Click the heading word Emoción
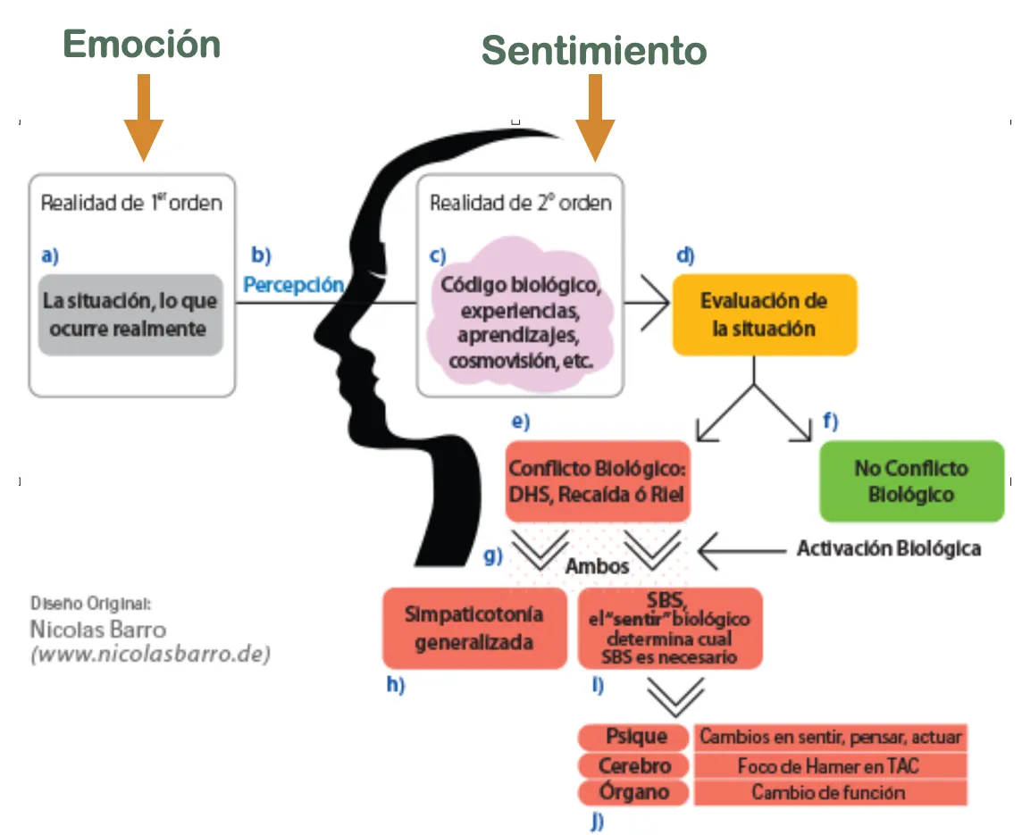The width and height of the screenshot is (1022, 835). click(142, 45)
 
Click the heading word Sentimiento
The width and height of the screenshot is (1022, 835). click(594, 51)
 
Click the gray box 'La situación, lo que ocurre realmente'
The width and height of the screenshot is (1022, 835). click(130, 314)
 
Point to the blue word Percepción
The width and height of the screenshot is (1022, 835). click(294, 285)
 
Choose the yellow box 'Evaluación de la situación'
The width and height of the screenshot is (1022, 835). click(764, 314)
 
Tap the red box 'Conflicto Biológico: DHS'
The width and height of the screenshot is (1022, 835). click(598, 481)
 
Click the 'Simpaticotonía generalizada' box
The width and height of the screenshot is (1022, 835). click(473, 628)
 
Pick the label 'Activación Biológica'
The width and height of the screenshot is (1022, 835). click(888, 547)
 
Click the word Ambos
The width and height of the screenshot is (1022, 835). click(598, 566)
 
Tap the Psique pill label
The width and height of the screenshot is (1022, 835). click(636, 737)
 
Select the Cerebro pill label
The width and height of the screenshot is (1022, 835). click(634, 765)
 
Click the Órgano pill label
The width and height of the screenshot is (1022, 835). click(634, 792)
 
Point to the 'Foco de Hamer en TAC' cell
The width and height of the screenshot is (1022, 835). click(828, 765)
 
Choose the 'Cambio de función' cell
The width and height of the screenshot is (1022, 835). click(828, 792)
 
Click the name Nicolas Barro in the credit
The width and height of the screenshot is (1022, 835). click(97, 630)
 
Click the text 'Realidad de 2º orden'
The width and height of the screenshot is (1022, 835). click(520, 203)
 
